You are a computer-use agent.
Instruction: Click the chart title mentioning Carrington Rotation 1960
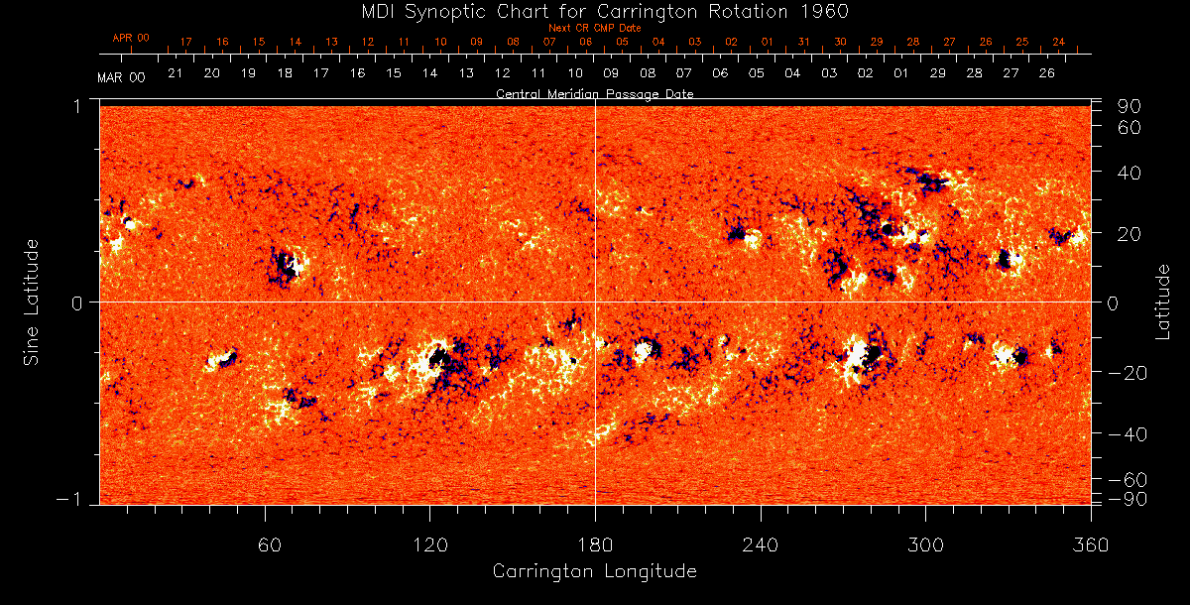pos(595,11)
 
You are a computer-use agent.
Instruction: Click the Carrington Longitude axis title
pos(594,571)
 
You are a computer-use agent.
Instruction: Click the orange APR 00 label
pos(131,38)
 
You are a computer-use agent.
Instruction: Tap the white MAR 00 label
pos(121,77)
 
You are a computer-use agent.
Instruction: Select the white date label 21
pos(175,73)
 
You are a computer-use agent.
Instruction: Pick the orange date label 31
pos(803,42)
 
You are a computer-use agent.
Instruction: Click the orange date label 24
pos(1058,42)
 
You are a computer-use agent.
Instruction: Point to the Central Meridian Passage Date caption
pos(594,93)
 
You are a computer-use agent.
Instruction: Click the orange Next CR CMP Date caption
pos(594,28)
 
